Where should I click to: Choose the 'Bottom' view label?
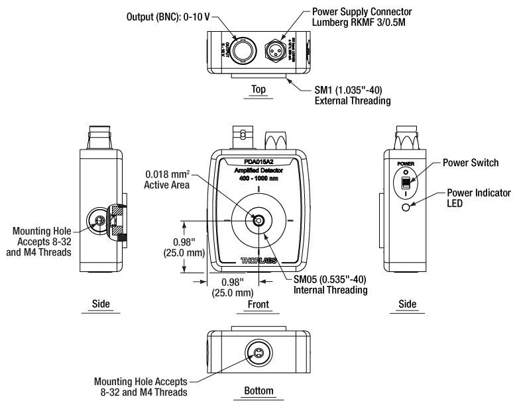click(x=258, y=392)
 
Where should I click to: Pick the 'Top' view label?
click(x=258, y=88)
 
